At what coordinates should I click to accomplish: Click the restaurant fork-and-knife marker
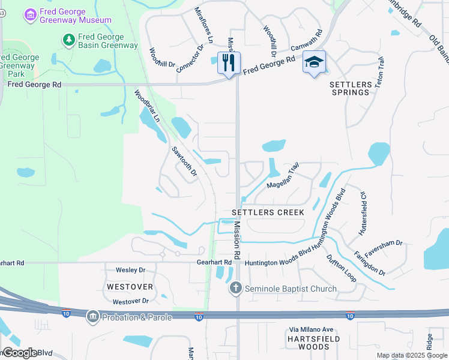click(229, 62)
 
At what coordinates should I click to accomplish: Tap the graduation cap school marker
click(314, 62)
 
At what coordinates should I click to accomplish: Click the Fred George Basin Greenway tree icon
click(69, 40)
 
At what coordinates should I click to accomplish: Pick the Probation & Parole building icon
click(92, 316)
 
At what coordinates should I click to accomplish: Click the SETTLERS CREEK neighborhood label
click(268, 212)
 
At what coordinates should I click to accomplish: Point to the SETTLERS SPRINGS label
click(350, 88)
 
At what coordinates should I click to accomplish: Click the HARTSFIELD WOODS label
click(311, 343)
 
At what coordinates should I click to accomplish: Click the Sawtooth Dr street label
click(184, 161)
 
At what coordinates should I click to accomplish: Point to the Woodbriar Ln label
click(146, 106)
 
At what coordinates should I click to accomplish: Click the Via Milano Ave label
click(311, 329)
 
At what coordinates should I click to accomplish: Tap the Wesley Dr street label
click(131, 271)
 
